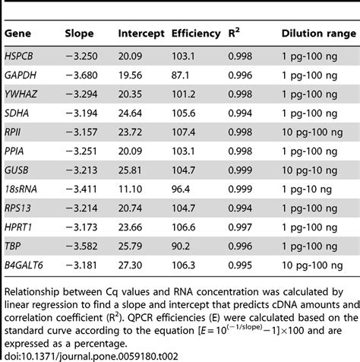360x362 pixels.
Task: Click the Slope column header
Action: (79, 35)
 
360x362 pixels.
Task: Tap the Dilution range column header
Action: (314, 35)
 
